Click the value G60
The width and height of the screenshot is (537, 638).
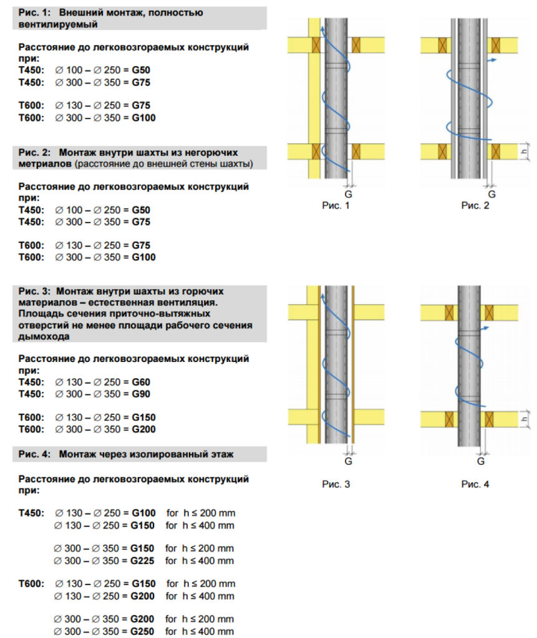click(x=141, y=382)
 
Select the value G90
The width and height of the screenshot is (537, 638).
click(x=141, y=394)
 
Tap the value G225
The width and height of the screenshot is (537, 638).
click(x=143, y=561)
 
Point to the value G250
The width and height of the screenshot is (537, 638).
click(x=143, y=632)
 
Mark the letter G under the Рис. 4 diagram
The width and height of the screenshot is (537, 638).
click(x=481, y=461)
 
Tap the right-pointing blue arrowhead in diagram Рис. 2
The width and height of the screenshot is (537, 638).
click(x=493, y=60)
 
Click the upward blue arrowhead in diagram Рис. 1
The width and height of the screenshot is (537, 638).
click(x=321, y=29)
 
